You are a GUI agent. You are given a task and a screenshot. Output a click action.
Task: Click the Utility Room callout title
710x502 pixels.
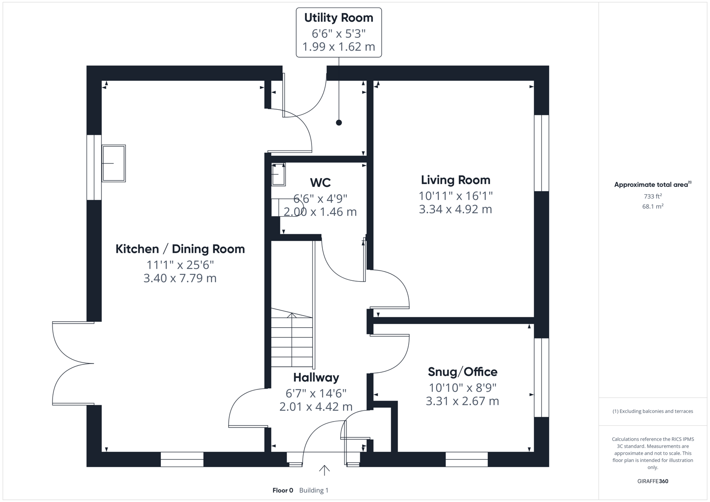338,18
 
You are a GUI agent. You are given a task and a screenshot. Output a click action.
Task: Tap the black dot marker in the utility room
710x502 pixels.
339,123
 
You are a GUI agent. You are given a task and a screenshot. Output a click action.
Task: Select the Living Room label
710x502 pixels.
455,180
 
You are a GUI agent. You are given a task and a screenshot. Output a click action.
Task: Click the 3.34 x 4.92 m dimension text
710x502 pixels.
455,209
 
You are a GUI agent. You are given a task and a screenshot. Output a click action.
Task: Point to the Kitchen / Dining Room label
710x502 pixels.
180,249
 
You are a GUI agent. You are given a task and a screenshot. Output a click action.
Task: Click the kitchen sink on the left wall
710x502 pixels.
113,163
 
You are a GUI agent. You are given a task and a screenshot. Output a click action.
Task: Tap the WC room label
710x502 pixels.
320,182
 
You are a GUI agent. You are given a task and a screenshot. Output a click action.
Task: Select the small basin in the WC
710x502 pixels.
279,174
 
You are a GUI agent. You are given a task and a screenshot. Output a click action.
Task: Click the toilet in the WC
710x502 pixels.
282,207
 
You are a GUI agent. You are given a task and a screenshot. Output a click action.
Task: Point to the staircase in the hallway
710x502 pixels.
292,339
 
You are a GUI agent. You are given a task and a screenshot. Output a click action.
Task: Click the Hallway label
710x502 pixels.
316,377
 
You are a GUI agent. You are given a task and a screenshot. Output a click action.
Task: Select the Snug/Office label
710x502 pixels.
462,372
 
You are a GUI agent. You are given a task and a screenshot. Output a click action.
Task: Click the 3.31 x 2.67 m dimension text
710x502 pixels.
462,401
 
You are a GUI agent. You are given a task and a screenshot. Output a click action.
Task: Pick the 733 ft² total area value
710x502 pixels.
652,197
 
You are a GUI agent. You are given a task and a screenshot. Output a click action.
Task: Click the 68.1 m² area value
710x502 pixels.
652,206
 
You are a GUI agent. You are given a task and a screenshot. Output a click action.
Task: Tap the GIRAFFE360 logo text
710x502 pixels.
652,481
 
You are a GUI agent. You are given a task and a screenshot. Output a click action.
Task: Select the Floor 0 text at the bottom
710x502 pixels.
283,490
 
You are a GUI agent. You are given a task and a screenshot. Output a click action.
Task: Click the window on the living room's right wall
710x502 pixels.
541,153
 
